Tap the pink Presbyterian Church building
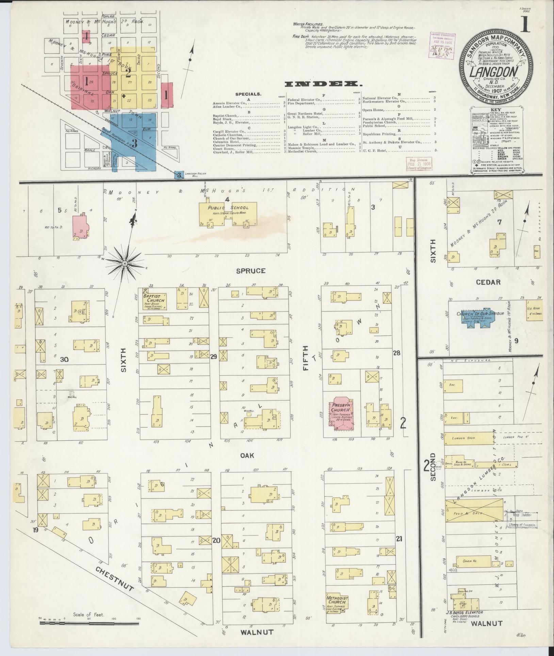pos(341,411)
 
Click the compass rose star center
pos(125,263)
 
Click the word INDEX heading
pos(323,84)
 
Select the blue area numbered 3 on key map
pos(134,143)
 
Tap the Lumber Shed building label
pos(463,438)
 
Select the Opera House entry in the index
pos(374,110)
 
